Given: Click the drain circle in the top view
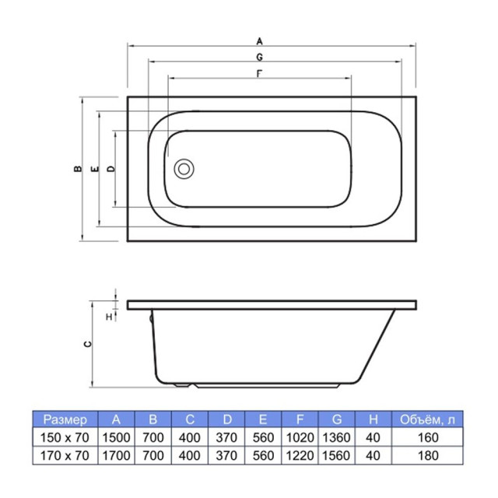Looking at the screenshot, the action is (184, 169).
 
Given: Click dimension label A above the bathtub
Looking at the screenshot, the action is (259, 41).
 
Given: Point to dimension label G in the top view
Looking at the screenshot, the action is (259, 57).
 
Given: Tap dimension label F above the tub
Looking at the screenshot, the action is (259, 74).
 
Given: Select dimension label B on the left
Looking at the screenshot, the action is (78, 169).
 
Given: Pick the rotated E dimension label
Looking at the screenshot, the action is (95, 169).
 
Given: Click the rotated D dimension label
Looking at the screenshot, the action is (110, 169).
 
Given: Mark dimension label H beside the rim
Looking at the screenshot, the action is (109, 317).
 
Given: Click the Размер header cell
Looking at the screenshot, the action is (65, 419).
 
